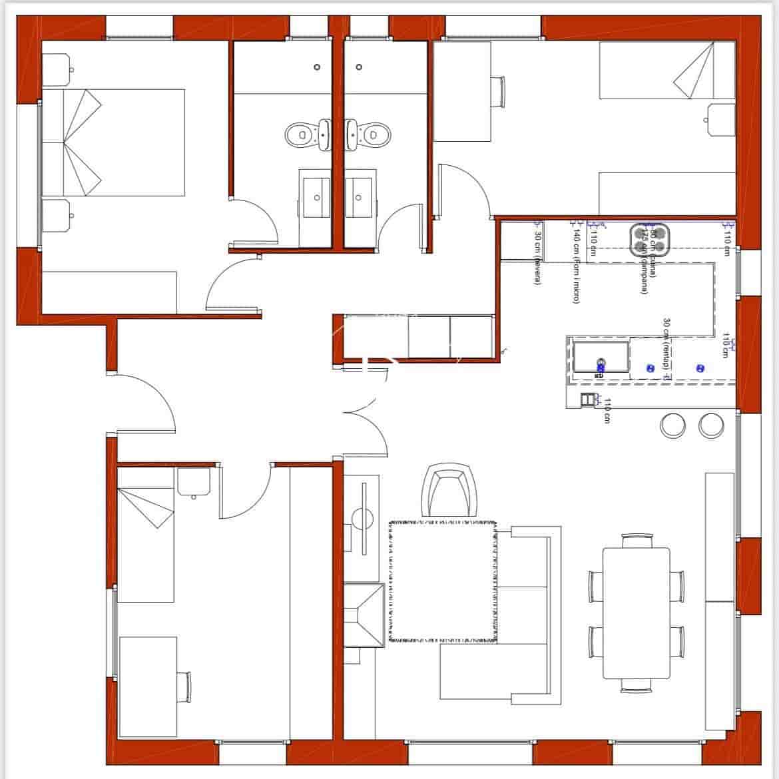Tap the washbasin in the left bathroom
(314, 197)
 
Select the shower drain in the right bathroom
(359, 67)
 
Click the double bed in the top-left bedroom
(113, 142)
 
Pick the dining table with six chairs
(636, 613)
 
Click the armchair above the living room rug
(450, 491)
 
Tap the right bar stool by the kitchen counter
(711, 425)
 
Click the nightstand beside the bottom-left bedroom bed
(194, 482)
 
